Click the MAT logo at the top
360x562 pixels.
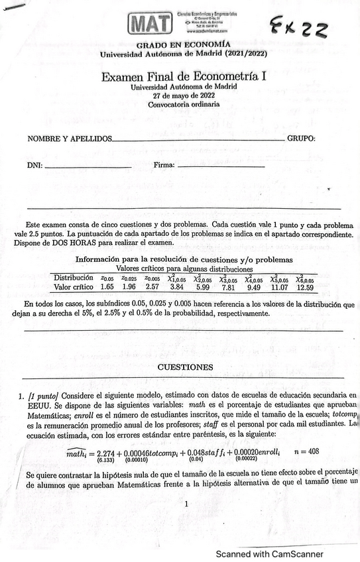[x=151, y=25]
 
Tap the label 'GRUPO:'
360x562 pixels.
[x=301, y=139]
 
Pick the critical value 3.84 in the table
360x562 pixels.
[x=177, y=288]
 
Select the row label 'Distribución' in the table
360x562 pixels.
[x=74, y=278]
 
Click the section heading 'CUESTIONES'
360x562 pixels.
[x=185, y=367]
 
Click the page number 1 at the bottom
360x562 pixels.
[x=187, y=504]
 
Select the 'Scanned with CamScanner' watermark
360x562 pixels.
[x=269, y=553]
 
